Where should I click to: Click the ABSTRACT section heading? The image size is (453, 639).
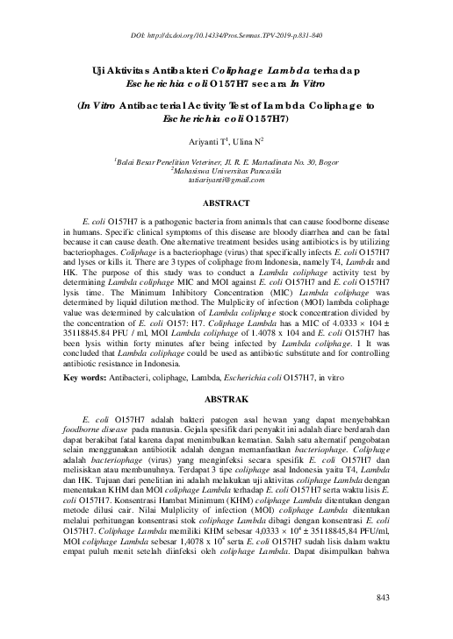pyautogui.click(x=226, y=202)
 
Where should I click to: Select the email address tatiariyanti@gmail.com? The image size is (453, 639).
pyautogui.click(x=226, y=179)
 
